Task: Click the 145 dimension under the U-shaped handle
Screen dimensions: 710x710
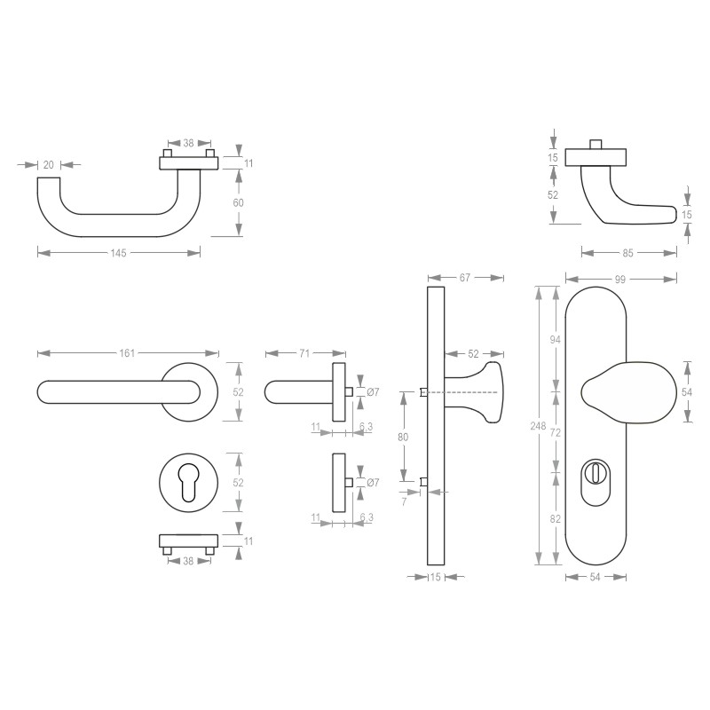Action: pyautogui.click(x=119, y=253)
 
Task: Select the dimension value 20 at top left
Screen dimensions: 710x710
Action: pyautogui.click(x=49, y=164)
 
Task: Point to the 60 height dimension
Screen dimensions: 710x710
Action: pyautogui.click(x=238, y=203)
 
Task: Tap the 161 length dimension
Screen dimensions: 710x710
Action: pyautogui.click(x=127, y=353)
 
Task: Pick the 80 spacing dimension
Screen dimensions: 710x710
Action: pyautogui.click(x=405, y=438)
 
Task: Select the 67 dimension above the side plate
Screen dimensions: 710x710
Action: pyautogui.click(x=463, y=278)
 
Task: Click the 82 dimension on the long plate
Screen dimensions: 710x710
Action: pyautogui.click(x=555, y=518)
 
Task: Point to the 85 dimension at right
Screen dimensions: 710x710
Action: pyautogui.click(x=628, y=253)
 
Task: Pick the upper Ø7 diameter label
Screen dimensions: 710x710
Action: pyautogui.click(x=373, y=392)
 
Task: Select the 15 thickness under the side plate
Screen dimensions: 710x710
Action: pyautogui.click(x=435, y=578)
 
